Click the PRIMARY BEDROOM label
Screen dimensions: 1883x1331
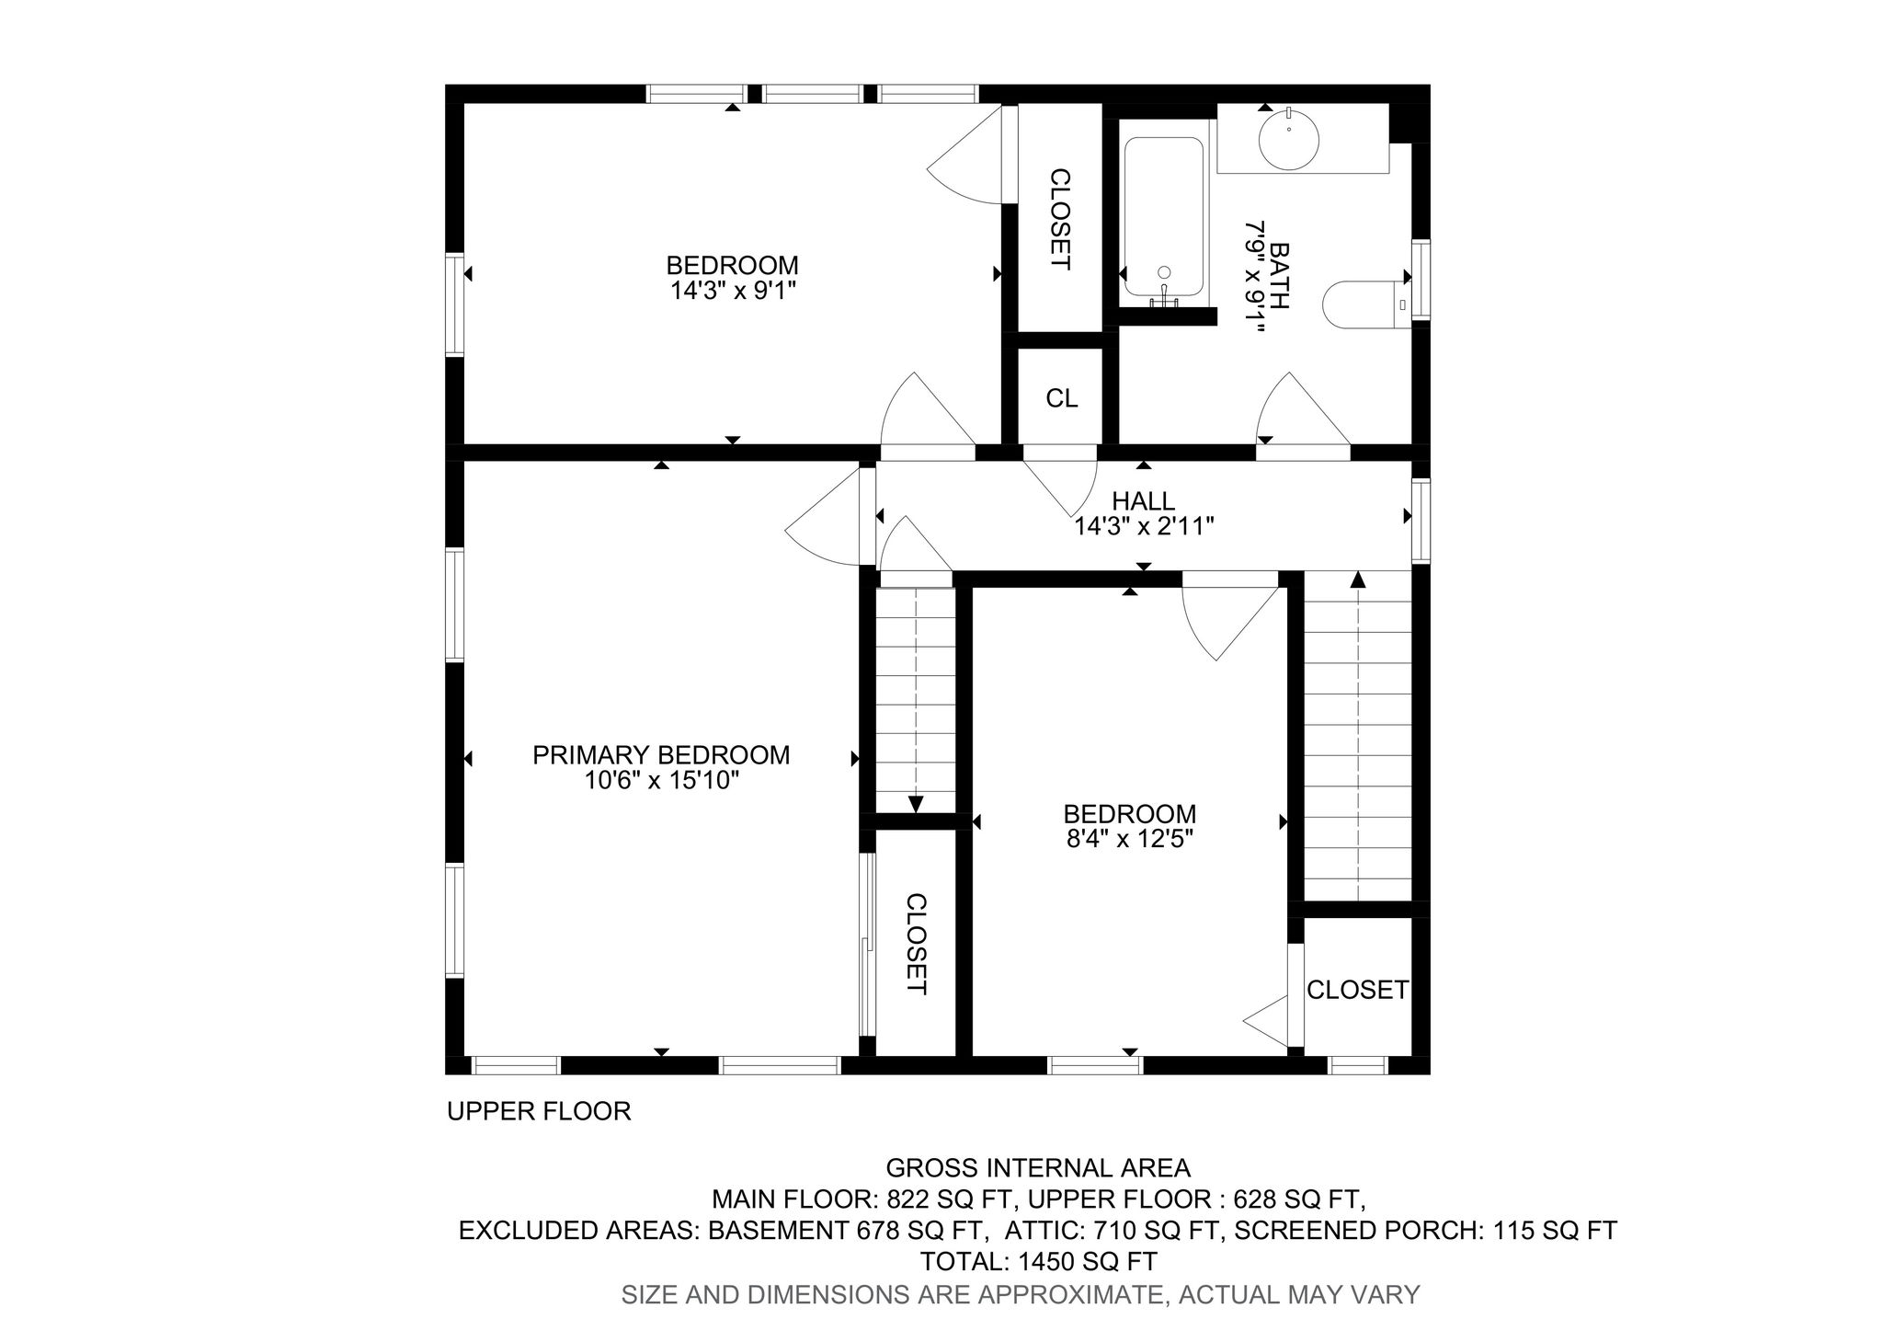661,755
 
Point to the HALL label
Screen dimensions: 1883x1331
1144,501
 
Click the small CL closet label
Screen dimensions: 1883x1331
1062,398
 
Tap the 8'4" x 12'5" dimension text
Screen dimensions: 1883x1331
1130,839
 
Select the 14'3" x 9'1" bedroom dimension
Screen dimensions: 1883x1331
733,291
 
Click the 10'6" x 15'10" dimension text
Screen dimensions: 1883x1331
661,781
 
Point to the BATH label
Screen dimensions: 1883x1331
1279,276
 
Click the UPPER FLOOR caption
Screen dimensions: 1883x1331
539,1111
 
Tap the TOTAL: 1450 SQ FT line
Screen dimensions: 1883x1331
1039,1260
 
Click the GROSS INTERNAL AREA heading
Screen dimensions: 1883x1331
1038,1168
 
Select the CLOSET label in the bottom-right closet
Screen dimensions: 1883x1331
1358,990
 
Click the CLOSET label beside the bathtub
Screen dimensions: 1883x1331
1060,219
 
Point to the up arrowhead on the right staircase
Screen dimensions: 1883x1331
1357,579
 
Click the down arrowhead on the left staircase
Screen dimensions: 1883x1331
916,804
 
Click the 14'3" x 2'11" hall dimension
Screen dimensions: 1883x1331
1145,527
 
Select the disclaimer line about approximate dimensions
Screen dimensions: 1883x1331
1021,1294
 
